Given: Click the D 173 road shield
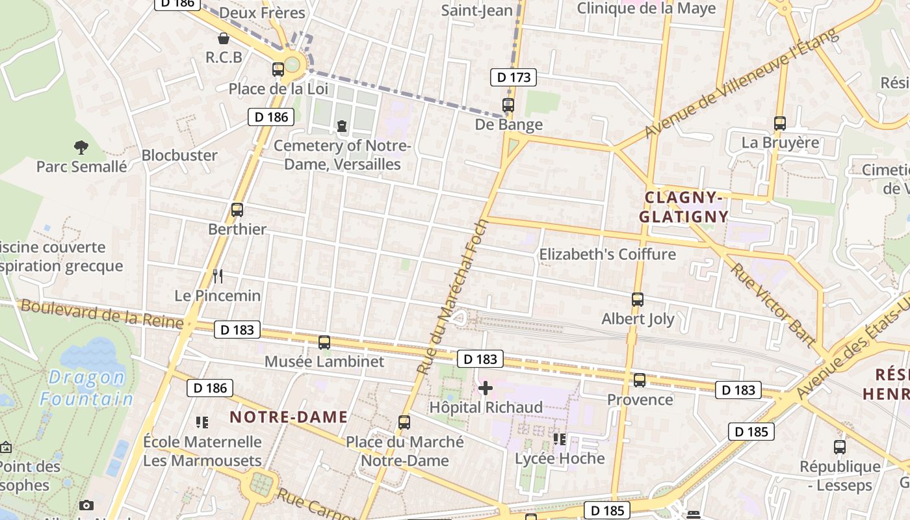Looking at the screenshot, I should click(x=513, y=77).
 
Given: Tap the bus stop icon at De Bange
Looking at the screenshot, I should click(x=508, y=105).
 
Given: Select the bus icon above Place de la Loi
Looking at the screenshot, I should click(x=278, y=69).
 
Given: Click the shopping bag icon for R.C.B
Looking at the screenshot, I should click(x=224, y=38).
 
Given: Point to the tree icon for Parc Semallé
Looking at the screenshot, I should click(x=81, y=147).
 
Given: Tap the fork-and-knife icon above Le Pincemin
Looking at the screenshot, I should click(x=218, y=276).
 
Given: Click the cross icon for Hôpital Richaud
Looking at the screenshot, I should click(x=486, y=389).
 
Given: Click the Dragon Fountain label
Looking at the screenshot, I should click(x=86, y=388).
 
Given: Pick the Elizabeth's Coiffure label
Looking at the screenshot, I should click(x=608, y=254).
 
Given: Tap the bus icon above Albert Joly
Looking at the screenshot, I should click(x=638, y=300).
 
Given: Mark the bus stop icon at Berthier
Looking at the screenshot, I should click(x=237, y=210).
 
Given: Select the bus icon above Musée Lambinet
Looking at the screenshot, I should click(x=324, y=342).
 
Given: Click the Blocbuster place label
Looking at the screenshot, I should click(x=179, y=155).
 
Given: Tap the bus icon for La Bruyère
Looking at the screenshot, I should click(x=780, y=123).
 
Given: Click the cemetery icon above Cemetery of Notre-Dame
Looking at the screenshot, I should click(x=342, y=126).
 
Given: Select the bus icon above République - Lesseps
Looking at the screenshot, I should click(x=840, y=447).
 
